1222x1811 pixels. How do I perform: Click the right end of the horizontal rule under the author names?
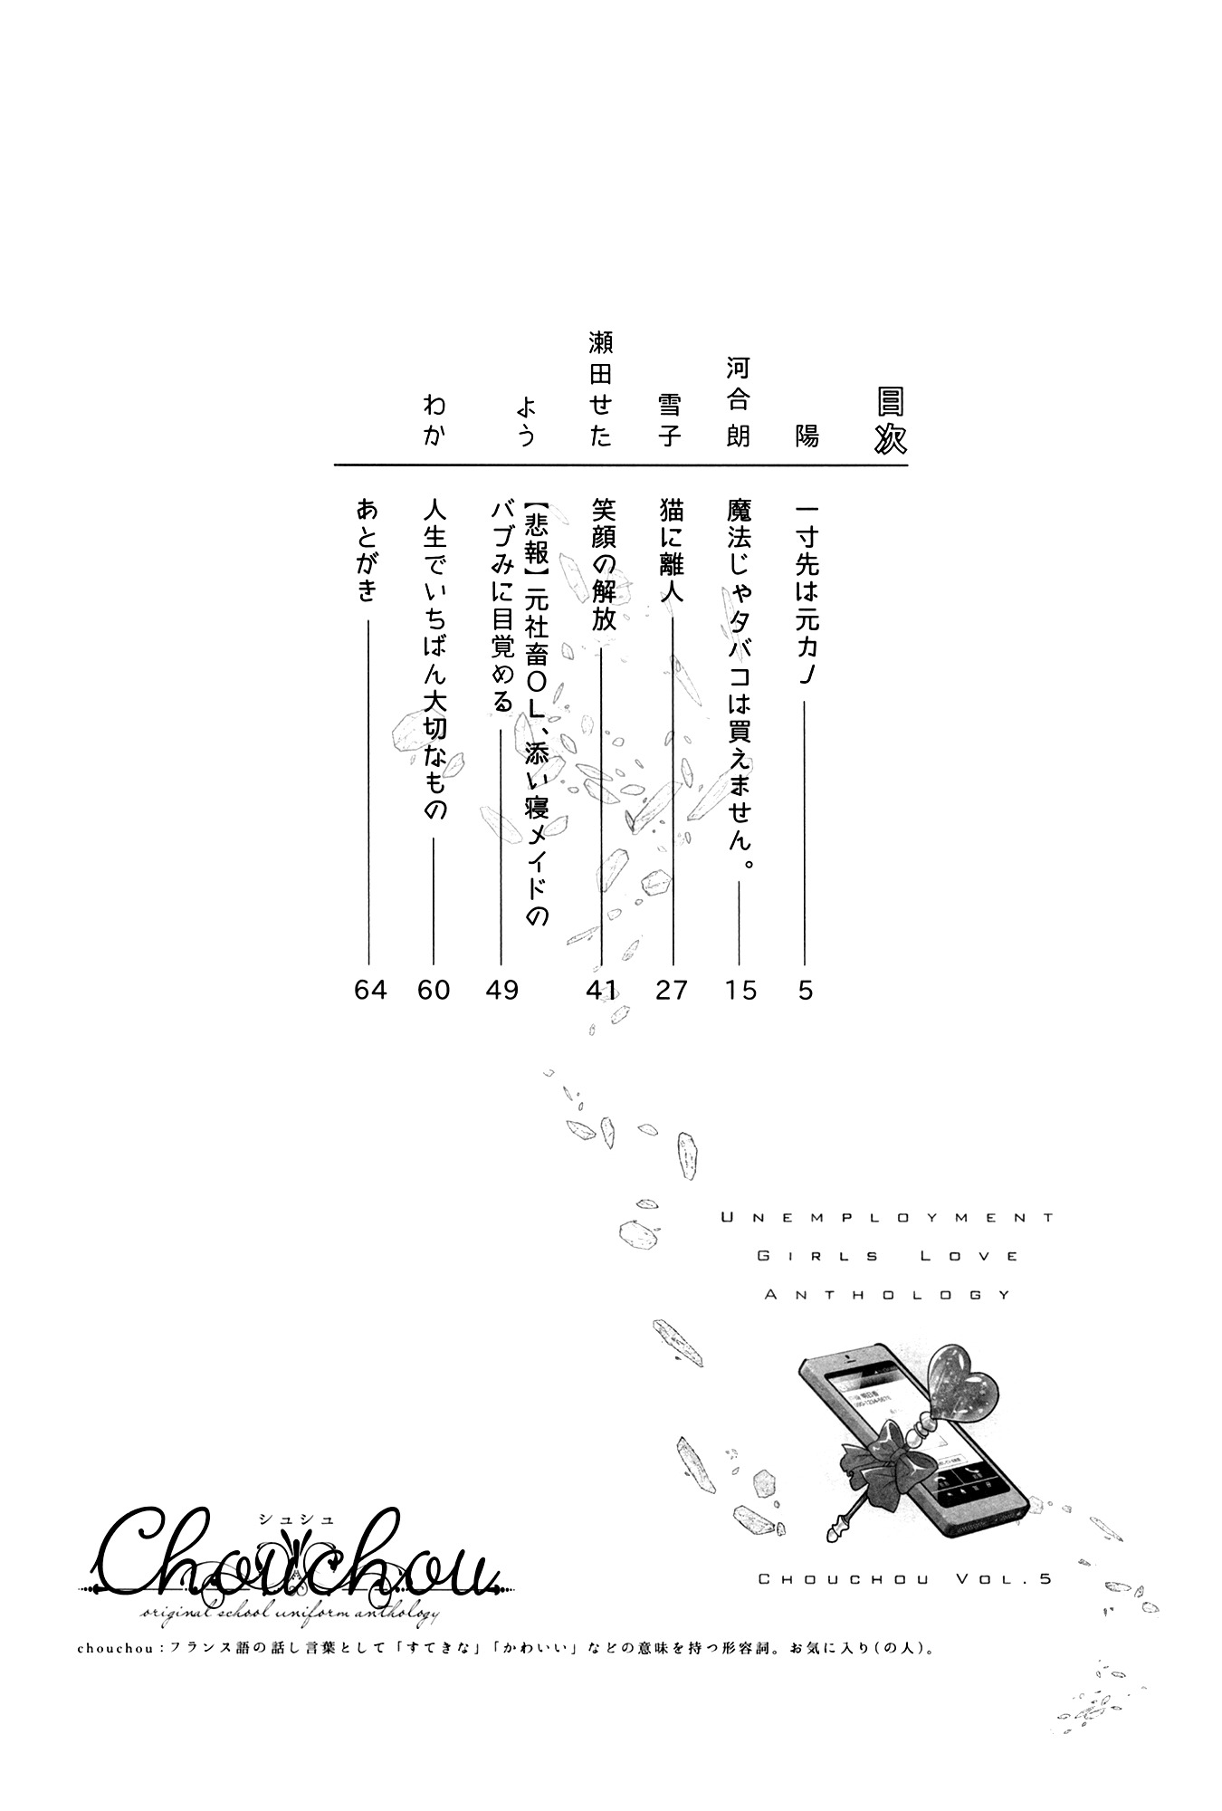(x=907, y=465)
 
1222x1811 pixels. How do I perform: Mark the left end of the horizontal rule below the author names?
(x=335, y=465)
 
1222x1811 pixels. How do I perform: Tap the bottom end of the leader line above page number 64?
(x=369, y=965)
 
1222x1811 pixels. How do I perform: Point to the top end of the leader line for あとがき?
(x=369, y=621)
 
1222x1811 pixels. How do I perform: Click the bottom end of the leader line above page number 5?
(x=805, y=965)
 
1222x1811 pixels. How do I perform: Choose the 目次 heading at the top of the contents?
(x=890, y=421)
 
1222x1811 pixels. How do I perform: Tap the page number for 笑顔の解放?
(x=601, y=991)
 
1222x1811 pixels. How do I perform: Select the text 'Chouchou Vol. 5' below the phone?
(x=904, y=1578)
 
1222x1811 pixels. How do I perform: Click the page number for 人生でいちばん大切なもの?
(x=434, y=991)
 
